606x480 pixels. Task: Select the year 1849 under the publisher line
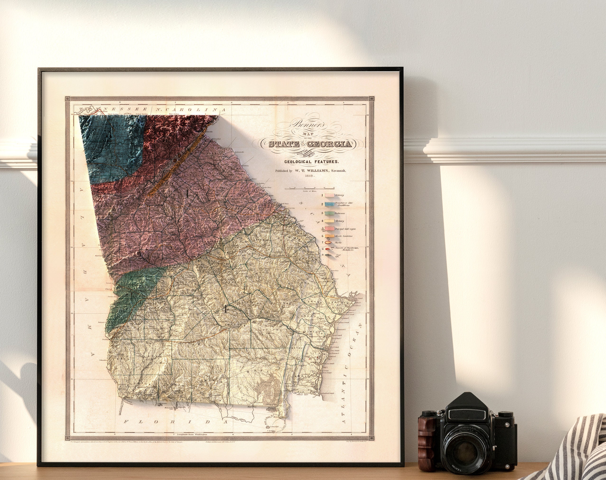[310, 176]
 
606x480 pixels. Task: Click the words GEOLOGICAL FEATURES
[311, 162]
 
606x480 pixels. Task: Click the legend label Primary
[339, 195]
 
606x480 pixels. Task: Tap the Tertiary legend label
[340, 221]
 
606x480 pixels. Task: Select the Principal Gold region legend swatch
[329, 229]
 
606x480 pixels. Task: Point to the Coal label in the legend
[338, 255]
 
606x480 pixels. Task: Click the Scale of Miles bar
[310, 189]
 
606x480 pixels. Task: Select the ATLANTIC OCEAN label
[351, 374]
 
